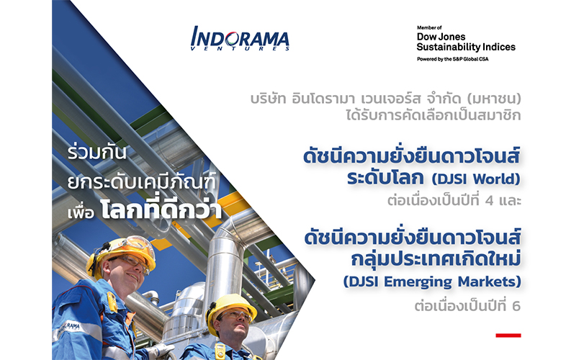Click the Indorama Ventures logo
tap(240, 38)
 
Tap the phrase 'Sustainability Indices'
tap(466, 47)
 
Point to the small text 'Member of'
tap(429, 27)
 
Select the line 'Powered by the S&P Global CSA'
tap(452, 59)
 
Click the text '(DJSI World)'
tap(476, 179)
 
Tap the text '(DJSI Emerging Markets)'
tap(432, 282)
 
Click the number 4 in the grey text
tap(490, 201)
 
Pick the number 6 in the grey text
tap(516, 306)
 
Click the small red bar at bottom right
tap(508, 336)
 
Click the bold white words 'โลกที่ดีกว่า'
tap(161, 210)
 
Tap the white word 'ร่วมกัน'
tap(96, 153)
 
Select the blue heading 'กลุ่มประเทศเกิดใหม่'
tap(436, 258)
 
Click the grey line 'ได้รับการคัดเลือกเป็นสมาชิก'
tap(433, 115)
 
